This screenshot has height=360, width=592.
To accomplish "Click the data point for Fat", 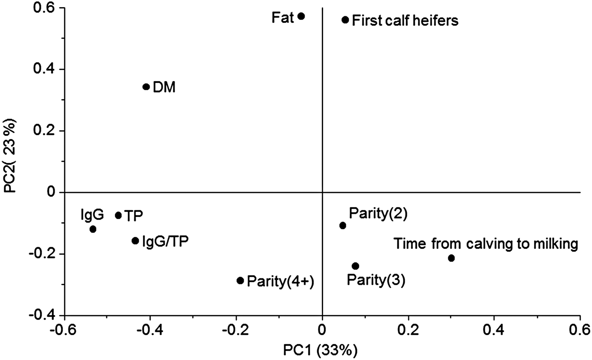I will (301, 16).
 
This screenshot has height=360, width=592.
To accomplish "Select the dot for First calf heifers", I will (345, 20).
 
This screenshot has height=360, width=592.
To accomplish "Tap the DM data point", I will (146, 87).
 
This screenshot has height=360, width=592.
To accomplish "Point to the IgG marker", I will (93, 229).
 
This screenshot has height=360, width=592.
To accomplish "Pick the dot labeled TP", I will (118, 215).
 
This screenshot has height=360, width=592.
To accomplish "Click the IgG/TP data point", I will (135, 241).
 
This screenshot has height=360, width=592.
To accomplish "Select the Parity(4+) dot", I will (240, 280).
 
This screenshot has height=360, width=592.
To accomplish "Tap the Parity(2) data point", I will (343, 225).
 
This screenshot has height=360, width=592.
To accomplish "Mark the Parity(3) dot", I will (355, 266).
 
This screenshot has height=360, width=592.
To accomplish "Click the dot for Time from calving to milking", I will (451, 258).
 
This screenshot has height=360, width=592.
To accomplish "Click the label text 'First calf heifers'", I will (405, 20).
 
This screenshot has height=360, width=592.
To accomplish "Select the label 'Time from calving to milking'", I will (485, 244).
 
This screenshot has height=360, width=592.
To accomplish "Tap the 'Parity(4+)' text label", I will (280, 281).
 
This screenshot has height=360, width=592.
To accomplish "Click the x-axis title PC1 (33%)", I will (323, 350).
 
